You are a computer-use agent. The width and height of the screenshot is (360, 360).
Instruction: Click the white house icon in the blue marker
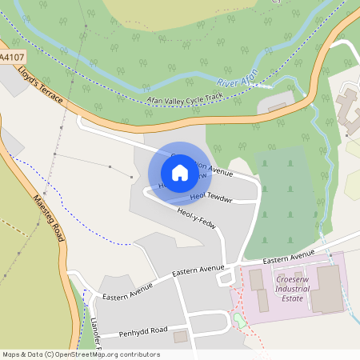tap(180, 173)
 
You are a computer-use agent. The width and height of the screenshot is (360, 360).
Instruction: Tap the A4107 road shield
tap(11, 58)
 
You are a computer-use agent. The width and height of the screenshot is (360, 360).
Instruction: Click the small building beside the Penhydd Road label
tap(180, 337)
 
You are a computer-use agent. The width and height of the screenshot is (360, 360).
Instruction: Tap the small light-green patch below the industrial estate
tap(239, 322)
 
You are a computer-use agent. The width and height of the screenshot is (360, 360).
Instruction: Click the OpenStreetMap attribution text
tap(80, 354)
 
